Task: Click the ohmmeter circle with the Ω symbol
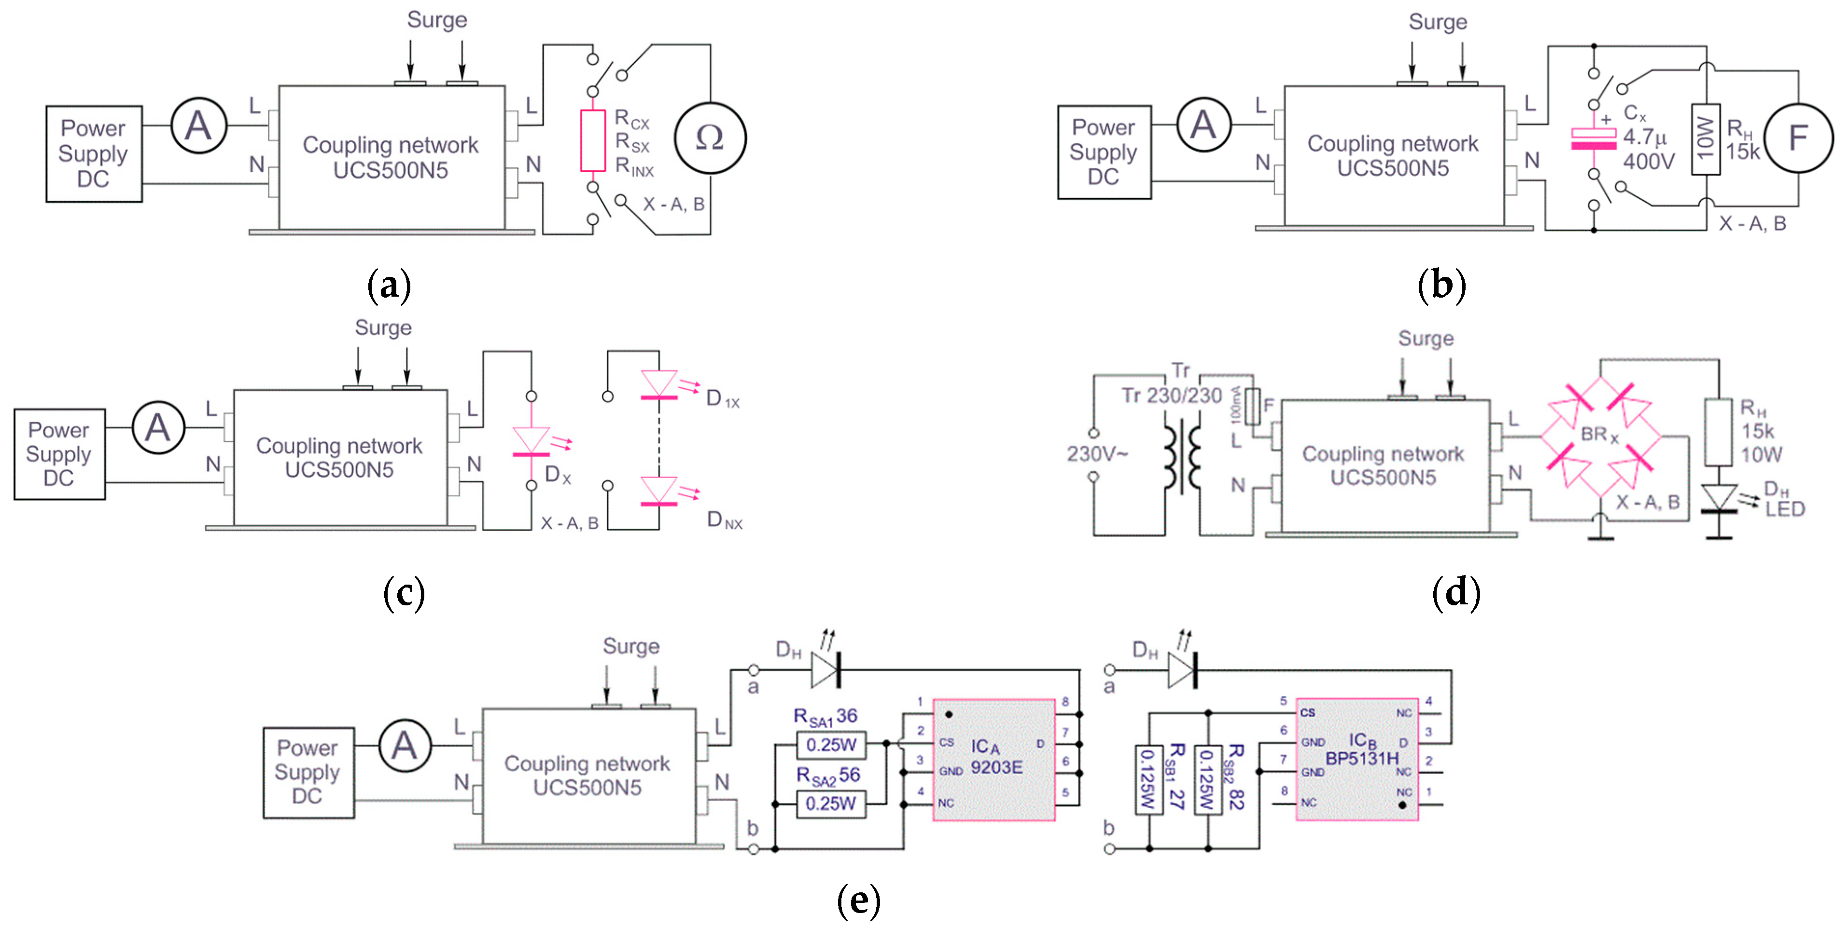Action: (710, 137)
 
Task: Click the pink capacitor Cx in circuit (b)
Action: (1593, 139)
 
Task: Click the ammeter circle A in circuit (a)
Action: (198, 126)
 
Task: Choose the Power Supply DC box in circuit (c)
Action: (59, 454)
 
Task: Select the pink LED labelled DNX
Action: (658, 492)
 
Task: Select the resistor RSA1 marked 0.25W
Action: (831, 745)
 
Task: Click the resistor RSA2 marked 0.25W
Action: (831, 804)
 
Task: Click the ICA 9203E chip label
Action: (995, 757)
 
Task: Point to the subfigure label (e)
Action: (858, 901)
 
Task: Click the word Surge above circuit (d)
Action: (1426, 338)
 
